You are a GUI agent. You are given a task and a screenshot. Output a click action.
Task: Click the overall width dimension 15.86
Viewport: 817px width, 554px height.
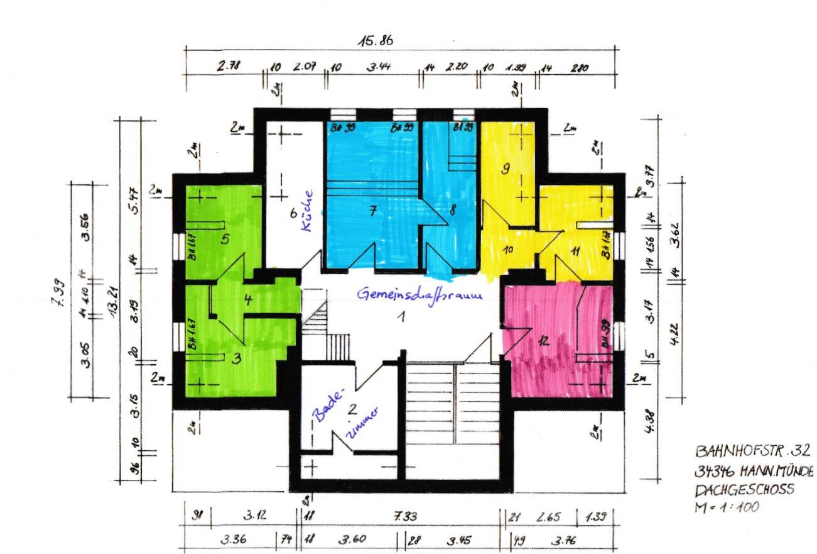376,42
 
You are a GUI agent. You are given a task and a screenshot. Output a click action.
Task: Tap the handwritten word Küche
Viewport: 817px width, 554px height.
307,211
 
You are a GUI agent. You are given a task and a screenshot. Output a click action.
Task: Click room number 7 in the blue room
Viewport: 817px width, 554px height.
372,212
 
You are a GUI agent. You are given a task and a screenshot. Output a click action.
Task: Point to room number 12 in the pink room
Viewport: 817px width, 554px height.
544,341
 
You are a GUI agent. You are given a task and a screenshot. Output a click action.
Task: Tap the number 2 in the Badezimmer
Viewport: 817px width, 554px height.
352,410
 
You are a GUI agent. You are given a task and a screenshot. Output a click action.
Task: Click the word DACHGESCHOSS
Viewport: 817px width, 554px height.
744,489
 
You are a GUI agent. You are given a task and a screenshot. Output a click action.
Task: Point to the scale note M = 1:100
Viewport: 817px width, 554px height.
727,506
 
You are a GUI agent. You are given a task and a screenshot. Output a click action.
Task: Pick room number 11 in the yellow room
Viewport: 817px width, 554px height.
575,251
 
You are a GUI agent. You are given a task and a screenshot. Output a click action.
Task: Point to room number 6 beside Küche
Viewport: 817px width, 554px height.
293,213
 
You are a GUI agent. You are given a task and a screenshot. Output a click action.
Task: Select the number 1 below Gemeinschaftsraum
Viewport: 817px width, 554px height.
399,316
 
